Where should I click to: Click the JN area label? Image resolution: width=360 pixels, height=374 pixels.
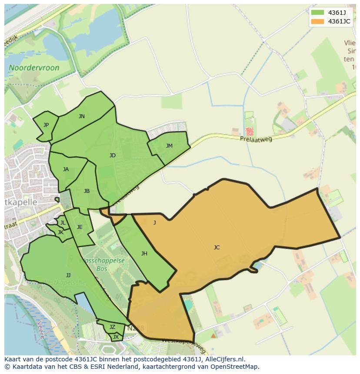(82, 116)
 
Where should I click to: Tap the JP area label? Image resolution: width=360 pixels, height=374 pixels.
(46, 125)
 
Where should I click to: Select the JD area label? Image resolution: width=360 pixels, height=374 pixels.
(113, 155)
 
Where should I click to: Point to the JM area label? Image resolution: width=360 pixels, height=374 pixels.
(169, 146)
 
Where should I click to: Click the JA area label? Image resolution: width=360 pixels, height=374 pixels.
(66, 169)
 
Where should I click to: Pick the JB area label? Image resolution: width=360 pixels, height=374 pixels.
(87, 191)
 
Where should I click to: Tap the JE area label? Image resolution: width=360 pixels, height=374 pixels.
(80, 227)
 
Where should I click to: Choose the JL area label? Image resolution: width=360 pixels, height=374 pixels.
(63, 223)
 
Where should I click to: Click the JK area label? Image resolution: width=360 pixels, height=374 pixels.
(60, 232)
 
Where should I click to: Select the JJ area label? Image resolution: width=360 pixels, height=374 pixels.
(68, 275)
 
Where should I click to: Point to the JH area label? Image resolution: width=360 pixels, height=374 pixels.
(144, 254)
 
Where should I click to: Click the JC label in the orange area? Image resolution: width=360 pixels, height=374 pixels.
(217, 248)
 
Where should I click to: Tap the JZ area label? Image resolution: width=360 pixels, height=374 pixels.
(112, 327)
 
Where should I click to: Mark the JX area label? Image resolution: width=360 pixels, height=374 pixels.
(116, 337)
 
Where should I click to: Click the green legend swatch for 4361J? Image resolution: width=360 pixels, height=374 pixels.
(318, 12)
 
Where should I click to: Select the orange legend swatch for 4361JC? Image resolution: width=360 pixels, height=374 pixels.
(318, 21)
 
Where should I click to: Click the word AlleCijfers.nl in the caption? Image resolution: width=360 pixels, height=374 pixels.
(225, 359)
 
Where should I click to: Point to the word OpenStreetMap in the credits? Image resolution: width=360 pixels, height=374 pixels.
(234, 367)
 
